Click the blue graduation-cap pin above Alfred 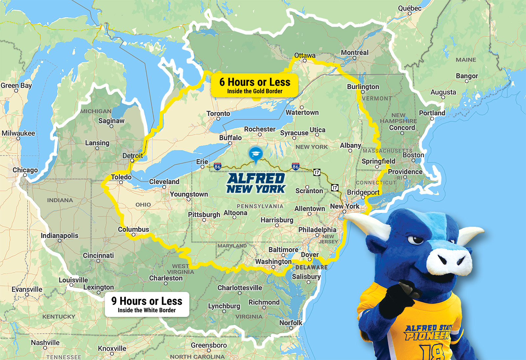pos(256,154)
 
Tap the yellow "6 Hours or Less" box pos(255,85)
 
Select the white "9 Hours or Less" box pos(147,304)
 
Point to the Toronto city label pos(218,113)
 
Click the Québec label pos(410,8)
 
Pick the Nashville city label pos(45,343)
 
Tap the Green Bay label pos(16,85)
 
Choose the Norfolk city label pos(291,323)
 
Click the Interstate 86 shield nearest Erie pos(217,166)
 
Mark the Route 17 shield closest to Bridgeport pos(335,188)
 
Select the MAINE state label pos(466,60)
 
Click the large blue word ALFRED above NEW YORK pos(256,179)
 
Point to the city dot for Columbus pos(133,235)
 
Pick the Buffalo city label pos(230,138)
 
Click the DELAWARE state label pos(311,267)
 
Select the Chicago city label pos(25,170)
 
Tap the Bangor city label pos(467,76)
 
